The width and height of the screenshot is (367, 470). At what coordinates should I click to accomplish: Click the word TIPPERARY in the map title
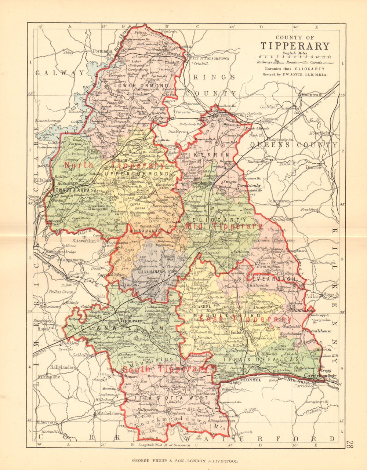pos(295,46)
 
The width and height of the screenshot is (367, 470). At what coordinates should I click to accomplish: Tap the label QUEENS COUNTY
pos(294,145)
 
